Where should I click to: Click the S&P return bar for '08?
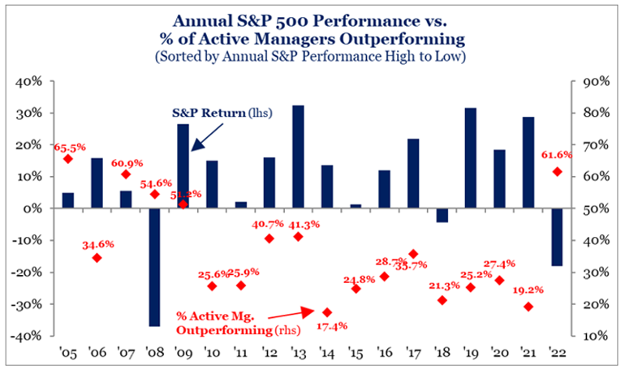tap(154, 267)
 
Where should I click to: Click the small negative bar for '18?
tap(442, 215)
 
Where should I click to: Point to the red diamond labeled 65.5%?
tap(68, 158)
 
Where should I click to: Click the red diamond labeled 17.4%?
tap(327, 312)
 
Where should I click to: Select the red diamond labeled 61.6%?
tap(557, 171)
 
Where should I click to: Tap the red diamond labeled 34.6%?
tap(97, 258)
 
